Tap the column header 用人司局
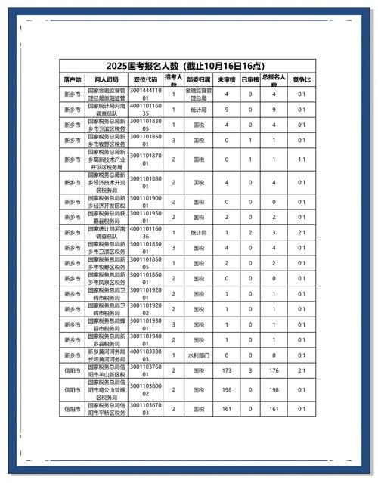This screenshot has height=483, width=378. click(x=106, y=79)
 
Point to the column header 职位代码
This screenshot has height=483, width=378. click(x=145, y=79)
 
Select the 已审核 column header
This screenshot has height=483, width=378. click(x=250, y=79)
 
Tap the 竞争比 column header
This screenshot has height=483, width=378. click(x=301, y=79)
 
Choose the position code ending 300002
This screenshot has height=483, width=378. click(x=145, y=390)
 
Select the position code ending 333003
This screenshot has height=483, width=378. click(x=145, y=355)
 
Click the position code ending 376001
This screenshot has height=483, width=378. click(x=145, y=371)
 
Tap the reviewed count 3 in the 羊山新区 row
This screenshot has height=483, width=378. click(x=250, y=371)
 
